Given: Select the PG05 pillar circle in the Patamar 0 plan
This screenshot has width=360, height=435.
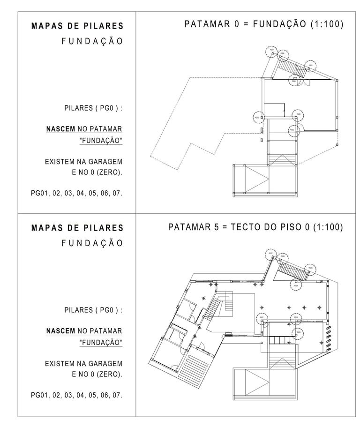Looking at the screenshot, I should (x=310, y=66).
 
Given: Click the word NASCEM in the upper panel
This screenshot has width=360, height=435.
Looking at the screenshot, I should (x=60, y=129).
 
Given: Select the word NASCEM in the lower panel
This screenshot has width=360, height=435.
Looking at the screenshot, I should (x=60, y=331).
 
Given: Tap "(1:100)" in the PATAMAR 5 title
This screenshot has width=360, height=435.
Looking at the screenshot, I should (x=327, y=228).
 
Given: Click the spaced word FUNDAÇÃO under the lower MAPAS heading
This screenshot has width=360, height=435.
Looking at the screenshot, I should (x=92, y=243).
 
